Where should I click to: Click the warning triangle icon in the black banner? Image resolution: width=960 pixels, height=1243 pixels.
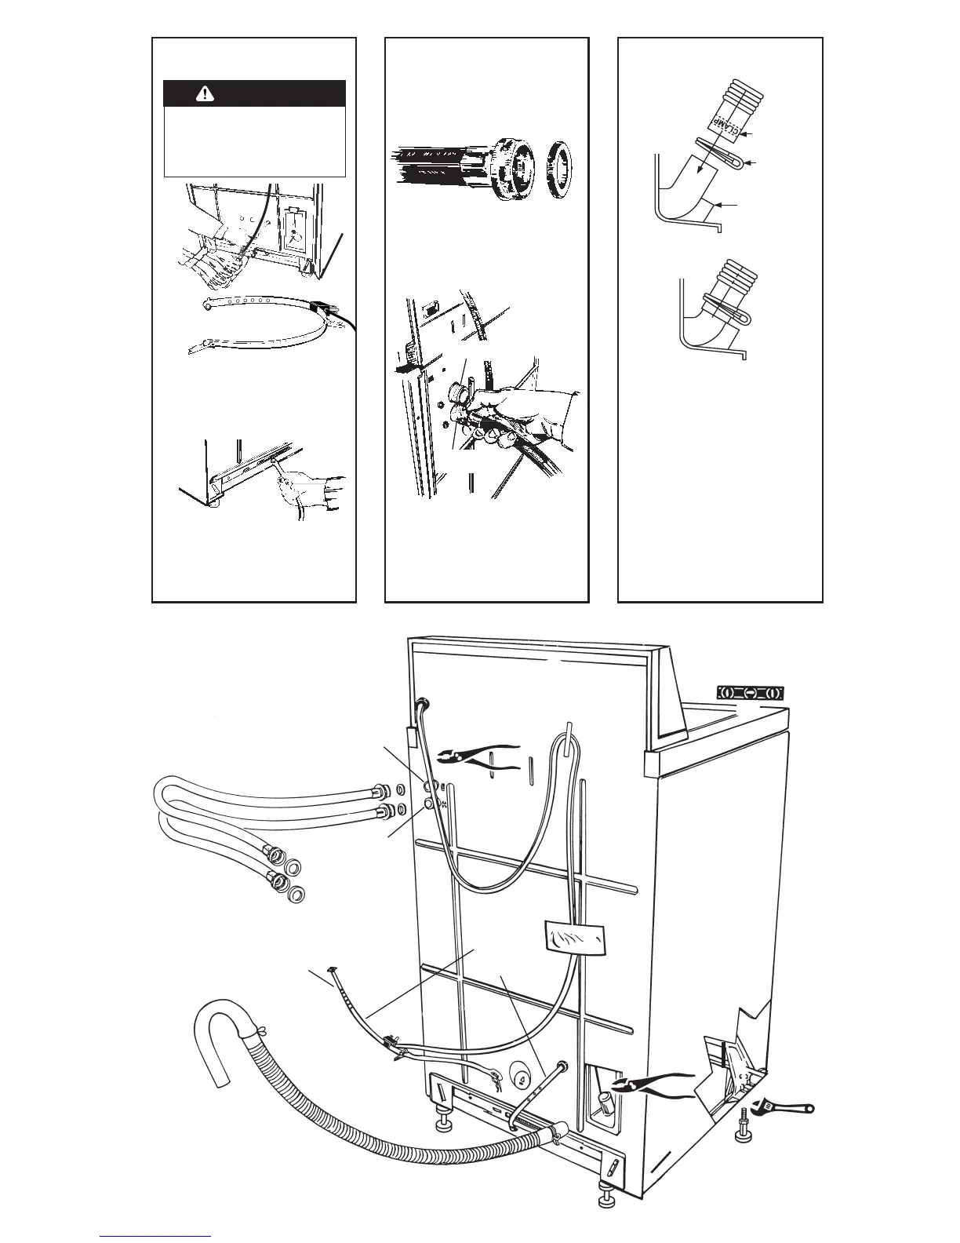pyautogui.click(x=205, y=93)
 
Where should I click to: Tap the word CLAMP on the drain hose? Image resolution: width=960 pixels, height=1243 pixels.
pyautogui.click(x=729, y=123)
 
